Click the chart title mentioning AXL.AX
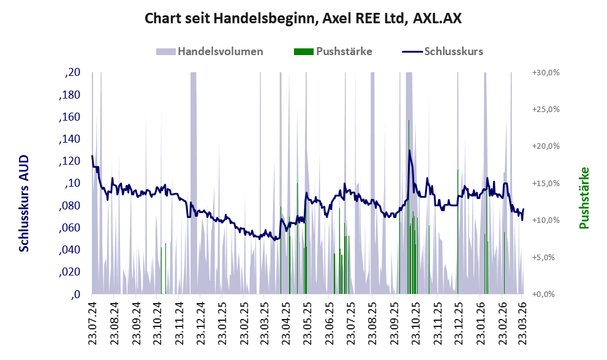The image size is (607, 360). pyautogui.click(x=303, y=18)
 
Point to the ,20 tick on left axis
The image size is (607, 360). pyautogui.click(x=72, y=73)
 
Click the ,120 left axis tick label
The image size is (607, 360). pyautogui.click(x=69, y=162)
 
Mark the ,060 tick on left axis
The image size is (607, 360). pyautogui.click(x=69, y=228)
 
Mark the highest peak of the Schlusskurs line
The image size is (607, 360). pyautogui.click(x=409, y=151)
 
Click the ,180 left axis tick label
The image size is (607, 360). pyautogui.click(x=69, y=96)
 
